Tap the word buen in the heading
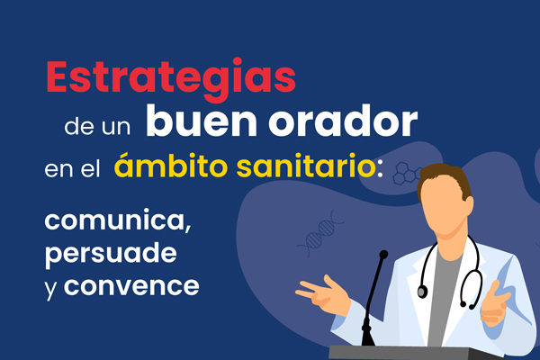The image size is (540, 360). [x=202, y=121]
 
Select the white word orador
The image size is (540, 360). [x=343, y=121]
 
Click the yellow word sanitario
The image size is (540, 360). [x=306, y=166]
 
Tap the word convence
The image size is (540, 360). [x=131, y=286]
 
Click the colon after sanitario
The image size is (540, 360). [x=380, y=169]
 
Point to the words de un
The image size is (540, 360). [x=97, y=127]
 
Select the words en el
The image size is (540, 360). [x=72, y=169]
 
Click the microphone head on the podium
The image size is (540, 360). [x=383, y=255]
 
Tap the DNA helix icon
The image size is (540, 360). [x=321, y=233]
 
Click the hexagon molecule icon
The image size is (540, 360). [x=407, y=174]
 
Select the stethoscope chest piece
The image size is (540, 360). [x=422, y=292]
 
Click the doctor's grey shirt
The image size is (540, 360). [x=445, y=296]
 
